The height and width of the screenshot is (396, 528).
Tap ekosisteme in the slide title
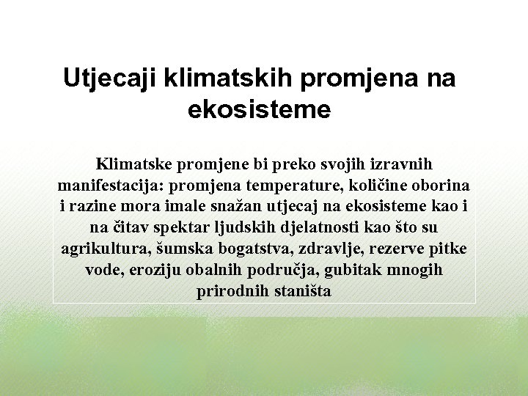click(x=260, y=110)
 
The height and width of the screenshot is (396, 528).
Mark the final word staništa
click(x=300, y=290)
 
